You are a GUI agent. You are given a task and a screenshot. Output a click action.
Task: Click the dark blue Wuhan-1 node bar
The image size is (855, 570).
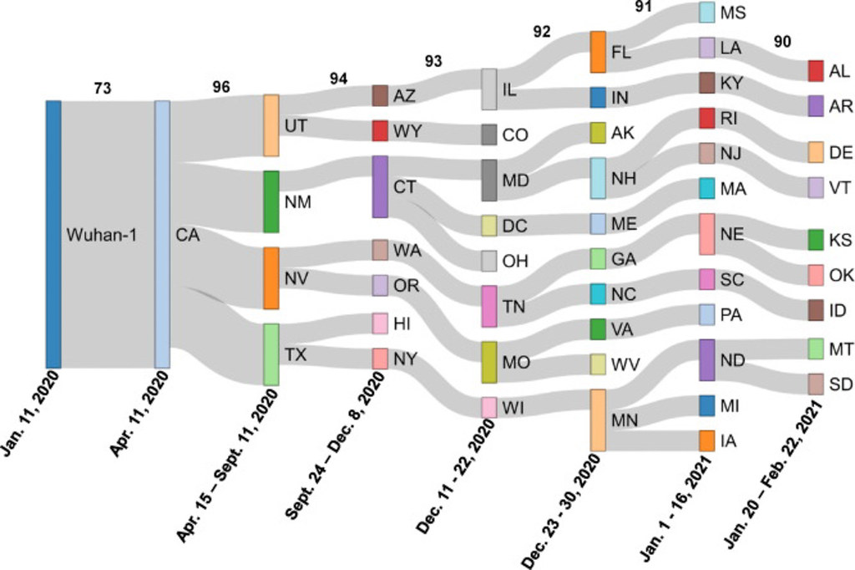(x=53, y=234)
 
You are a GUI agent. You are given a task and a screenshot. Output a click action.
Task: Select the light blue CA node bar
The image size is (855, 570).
(x=162, y=234)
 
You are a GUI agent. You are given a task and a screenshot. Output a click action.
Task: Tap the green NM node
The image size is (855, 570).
(x=271, y=201)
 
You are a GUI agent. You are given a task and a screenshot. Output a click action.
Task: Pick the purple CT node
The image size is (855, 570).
(x=380, y=186)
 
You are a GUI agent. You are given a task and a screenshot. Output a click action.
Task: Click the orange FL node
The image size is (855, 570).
(x=598, y=52)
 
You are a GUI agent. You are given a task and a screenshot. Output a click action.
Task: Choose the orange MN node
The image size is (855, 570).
(x=598, y=420)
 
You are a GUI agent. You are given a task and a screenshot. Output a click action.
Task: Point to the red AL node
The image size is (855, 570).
(x=816, y=71)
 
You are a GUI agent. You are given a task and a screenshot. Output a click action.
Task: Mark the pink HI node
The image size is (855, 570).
(x=380, y=323)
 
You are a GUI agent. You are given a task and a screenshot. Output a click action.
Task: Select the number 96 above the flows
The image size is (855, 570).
(x=221, y=87)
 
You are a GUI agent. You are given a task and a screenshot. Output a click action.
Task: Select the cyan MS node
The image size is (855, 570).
(x=706, y=13)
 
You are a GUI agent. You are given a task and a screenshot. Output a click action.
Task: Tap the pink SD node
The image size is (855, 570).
(x=816, y=384)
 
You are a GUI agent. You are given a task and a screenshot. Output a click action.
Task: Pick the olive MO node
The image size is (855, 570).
(x=489, y=362)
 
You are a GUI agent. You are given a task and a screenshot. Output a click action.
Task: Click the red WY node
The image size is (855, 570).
(x=380, y=131)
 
